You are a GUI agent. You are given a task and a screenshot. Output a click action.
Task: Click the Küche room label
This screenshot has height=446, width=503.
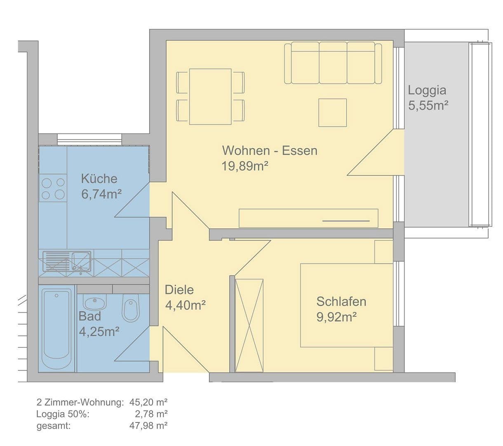point(99,179)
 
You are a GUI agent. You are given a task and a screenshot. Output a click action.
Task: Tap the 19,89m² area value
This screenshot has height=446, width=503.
point(245,166)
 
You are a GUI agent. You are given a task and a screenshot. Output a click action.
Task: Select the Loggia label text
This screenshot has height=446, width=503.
point(427,90)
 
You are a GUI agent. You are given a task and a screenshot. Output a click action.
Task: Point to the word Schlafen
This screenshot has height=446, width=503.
point(341,301)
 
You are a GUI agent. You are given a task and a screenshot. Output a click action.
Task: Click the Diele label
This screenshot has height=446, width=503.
point(179,290)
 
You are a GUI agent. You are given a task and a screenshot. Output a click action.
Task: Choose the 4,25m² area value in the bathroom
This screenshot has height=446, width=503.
point(99,332)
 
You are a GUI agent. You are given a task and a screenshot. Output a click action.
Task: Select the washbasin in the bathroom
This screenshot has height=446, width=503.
point(95,303)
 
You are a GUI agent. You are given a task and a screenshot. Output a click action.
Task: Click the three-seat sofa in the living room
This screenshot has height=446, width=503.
point(333,63)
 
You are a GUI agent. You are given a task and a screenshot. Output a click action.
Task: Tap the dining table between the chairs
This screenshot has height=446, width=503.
point(210,97)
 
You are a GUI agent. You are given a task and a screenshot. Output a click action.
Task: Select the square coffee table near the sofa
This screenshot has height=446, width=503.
point(332,113)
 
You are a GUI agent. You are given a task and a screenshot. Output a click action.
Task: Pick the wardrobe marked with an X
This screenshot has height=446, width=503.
point(249,325)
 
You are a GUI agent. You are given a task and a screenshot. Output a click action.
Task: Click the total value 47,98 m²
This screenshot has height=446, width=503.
point(148,425)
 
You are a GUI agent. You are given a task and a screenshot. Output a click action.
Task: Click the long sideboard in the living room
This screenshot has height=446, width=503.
point(308,218)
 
